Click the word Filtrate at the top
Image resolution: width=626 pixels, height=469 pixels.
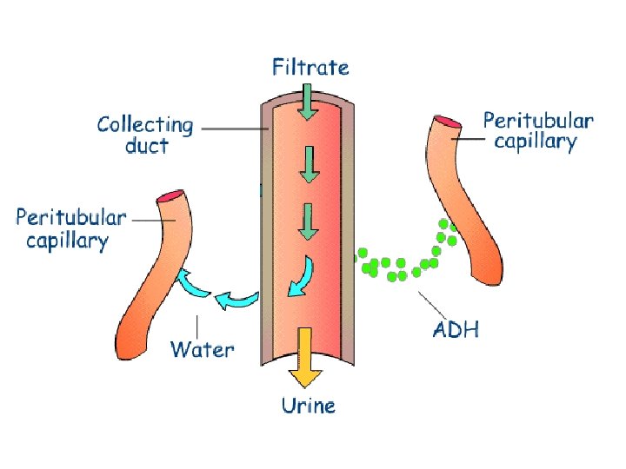[x=310, y=67]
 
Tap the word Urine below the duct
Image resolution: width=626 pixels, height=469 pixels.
[x=308, y=404]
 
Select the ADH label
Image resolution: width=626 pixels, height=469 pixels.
[x=456, y=329]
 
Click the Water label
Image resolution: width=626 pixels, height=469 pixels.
[x=202, y=350]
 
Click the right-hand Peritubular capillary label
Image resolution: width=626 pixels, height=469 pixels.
[x=538, y=130]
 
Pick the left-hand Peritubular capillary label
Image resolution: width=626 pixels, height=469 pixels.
[x=71, y=228]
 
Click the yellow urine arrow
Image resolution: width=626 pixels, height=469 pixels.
[x=304, y=356]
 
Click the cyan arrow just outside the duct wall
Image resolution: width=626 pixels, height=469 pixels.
[x=236, y=301]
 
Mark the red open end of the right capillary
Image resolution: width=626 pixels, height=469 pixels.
[x=447, y=120]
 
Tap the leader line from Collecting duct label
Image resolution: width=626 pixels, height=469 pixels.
[x=233, y=129]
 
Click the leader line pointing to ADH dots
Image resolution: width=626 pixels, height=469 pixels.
[x=435, y=304]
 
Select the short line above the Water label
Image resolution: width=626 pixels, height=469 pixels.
[x=199, y=327]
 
